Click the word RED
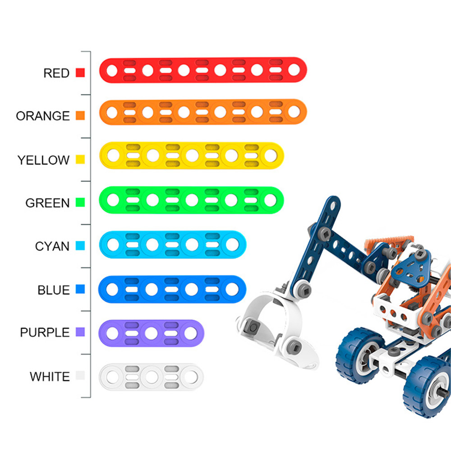pyautogui.click(x=56, y=73)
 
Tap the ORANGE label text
pyautogui.click(x=43, y=116)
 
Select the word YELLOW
pyautogui.click(x=43, y=160)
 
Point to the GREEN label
pyautogui.click(x=47, y=203)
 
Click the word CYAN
pyautogui.click(x=52, y=246)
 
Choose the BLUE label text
pyautogui.click(x=54, y=290)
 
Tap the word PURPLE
pyautogui.click(x=45, y=332)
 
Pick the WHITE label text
pyautogui.click(x=50, y=377)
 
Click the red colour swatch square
pyautogui.click(x=80, y=73)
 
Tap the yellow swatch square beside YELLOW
pyautogui.click(x=80, y=159)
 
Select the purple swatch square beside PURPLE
pyautogui.click(x=80, y=332)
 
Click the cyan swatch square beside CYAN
pyautogui.click(x=80, y=246)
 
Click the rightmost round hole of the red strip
pyautogui.click(x=294, y=69)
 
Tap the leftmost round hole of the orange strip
pyautogui.click(x=112, y=113)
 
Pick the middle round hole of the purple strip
pyautogui.click(x=151, y=333)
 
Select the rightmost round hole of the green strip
pyautogui.click(x=270, y=200)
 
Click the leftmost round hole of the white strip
pyautogui.click(x=113, y=377)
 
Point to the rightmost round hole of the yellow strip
pyautogui.click(x=271, y=156)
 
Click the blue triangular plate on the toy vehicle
pyautogui.click(x=412, y=267)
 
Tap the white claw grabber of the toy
pyautogui.click(x=276, y=331)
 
